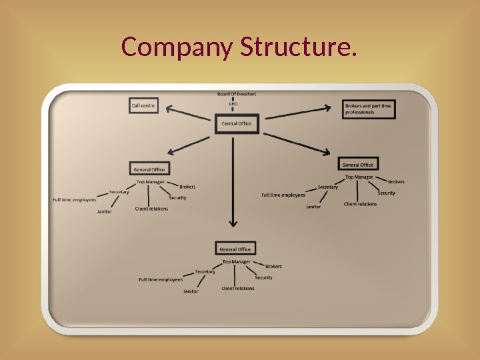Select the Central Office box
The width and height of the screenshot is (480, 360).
coord(237,124)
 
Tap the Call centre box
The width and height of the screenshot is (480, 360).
coord(143,105)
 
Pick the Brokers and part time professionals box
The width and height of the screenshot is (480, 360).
coord(368,109)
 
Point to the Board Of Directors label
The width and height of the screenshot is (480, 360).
coord(236,94)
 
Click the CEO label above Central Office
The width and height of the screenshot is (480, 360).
coord(233,104)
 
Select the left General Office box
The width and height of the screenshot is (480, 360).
coord(149,169)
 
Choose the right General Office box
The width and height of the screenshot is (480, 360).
coord(358,165)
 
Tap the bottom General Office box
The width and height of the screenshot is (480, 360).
coord(235,249)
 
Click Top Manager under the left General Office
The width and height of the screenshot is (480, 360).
coord(150,182)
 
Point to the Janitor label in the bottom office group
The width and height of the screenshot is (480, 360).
coord(191,291)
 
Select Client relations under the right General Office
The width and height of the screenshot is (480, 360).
coord(360,204)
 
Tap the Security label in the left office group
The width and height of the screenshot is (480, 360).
coord(177,197)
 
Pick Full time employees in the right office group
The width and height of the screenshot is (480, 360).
coord(283,195)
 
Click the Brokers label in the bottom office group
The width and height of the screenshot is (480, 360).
coord(273,266)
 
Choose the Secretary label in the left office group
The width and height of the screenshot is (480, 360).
coord(119,192)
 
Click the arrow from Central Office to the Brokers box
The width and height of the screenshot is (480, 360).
coord(297,111)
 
